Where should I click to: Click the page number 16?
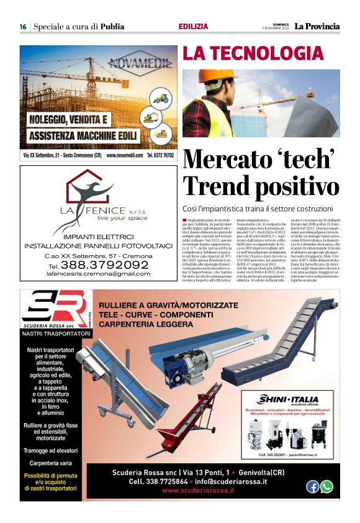click(22, 27)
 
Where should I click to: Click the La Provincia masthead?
click(317, 26)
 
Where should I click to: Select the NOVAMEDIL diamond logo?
click(140, 63)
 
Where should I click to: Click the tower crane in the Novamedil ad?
click(50, 75)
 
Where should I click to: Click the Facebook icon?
click(312, 487)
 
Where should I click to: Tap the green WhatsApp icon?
click(326, 487)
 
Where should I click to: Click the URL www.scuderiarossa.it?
click(198, 491)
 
